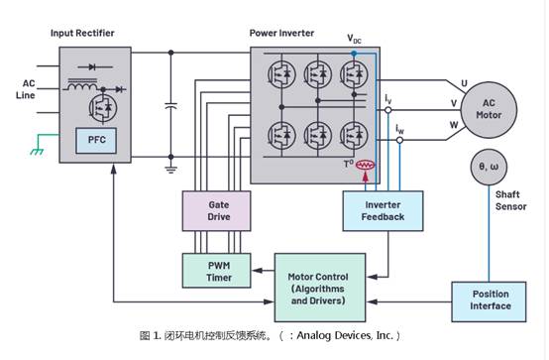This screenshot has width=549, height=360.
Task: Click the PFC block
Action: [x=97, y=141]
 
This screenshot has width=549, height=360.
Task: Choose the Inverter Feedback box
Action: [x=384, y=209]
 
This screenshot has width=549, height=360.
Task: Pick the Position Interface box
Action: [x=491, y=299]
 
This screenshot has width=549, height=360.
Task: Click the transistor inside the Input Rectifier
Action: [x=97, y=104]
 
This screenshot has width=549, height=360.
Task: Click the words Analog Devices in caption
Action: [x=333, y=334]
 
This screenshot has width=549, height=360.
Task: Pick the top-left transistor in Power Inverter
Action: [x=279, y=72]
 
